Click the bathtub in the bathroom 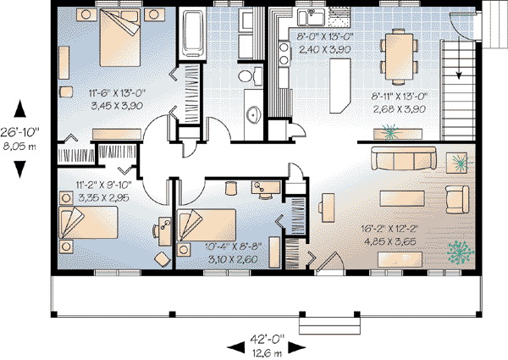(193, 33)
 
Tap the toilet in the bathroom (250, 76)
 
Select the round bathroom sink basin (254, 114)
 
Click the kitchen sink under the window (311, 17)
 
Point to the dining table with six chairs (399, 56)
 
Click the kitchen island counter (340, 86)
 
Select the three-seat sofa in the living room (404, 158)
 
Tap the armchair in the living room (457, 199)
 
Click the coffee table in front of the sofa (402, 198)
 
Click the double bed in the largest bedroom (120, 37)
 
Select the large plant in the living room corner (460, 252)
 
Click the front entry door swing (330, 262)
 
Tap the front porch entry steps (329, 325)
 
